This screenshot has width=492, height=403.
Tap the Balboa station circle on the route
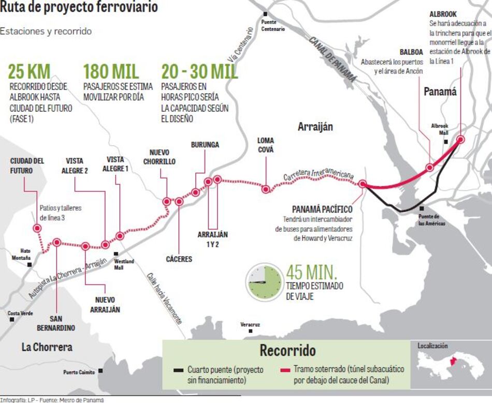(429, 168)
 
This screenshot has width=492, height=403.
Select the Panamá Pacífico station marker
(363, 184)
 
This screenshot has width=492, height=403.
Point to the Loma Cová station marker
(266, 189)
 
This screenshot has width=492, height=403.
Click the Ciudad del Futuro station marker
(37, 228)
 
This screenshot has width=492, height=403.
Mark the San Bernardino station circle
(56, 242)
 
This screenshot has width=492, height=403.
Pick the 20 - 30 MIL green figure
(199, 72)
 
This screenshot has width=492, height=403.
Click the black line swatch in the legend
(179, 370)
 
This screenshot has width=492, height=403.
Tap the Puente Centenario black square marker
(265, 14)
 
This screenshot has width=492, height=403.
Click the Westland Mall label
(124, 264)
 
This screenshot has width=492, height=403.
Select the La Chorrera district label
(47, 347)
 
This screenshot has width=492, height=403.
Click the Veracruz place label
(250, 324)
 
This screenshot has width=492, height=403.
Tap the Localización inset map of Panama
(451, 365)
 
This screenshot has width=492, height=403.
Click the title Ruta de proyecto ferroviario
(79, 8)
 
